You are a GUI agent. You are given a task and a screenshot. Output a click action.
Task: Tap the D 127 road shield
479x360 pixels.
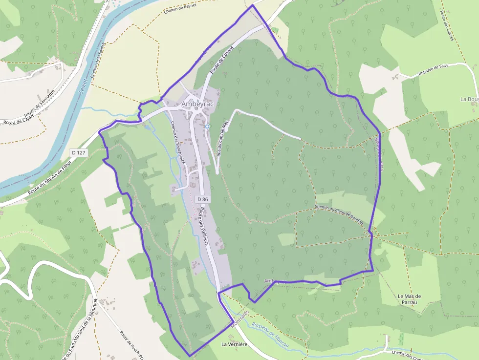click(78, 152)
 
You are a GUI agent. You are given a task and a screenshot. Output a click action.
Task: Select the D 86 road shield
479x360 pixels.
click(203, 199)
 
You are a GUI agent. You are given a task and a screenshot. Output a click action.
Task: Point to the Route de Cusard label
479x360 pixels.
click(222, 60)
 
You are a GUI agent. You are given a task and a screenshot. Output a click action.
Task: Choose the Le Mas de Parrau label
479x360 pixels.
click(409, 299)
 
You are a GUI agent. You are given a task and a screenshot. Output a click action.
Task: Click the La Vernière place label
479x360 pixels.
click(235, 344)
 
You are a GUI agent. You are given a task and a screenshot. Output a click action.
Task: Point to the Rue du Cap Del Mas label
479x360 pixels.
click(222, 139)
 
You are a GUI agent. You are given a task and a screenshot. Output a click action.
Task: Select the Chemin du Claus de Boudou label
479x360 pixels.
click(339, 214)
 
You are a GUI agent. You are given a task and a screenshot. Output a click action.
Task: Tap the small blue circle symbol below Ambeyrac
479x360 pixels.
click(207, 127)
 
